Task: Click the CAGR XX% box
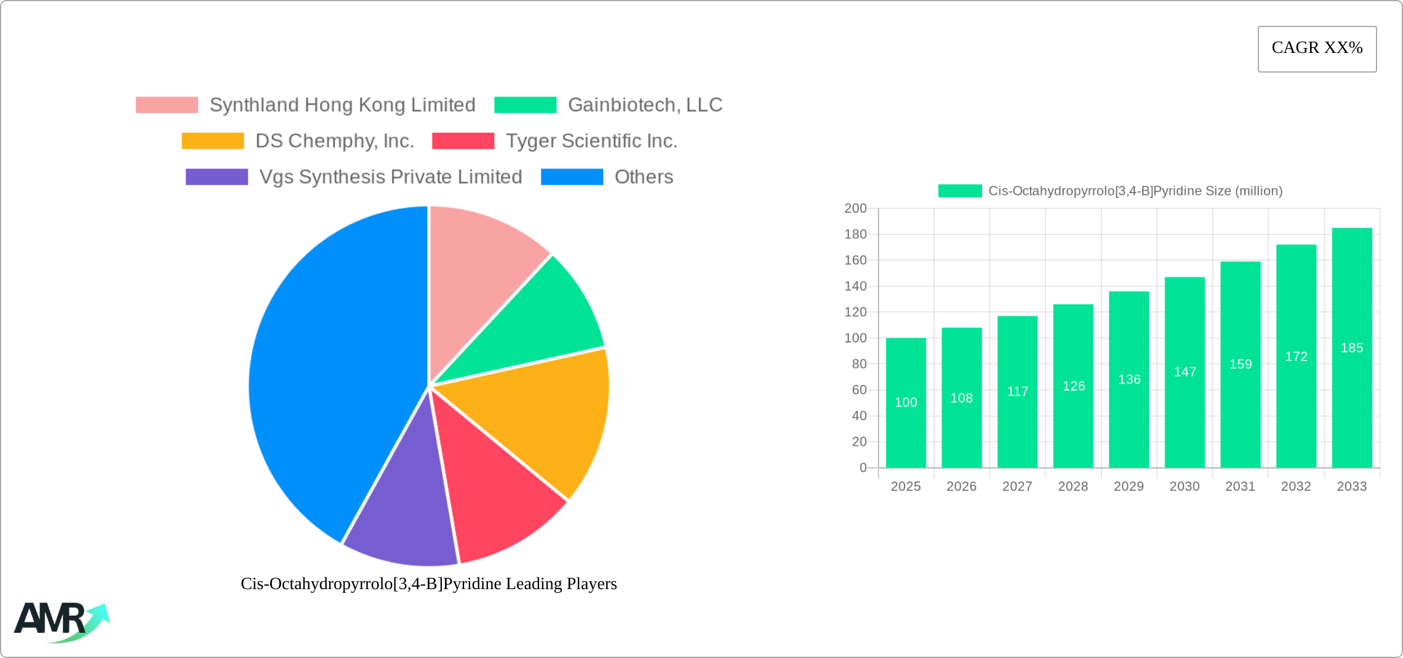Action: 1317,49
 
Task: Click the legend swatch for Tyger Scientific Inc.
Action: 463,141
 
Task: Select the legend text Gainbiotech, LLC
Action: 645,105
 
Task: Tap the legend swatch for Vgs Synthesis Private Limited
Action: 217,177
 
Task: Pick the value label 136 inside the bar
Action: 1129,379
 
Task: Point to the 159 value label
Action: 1241,364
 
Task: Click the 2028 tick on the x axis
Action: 1073,486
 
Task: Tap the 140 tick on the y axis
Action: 855,286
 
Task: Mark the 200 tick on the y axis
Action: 855,208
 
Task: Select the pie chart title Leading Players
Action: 428,584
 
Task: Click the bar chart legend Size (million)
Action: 1135,191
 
